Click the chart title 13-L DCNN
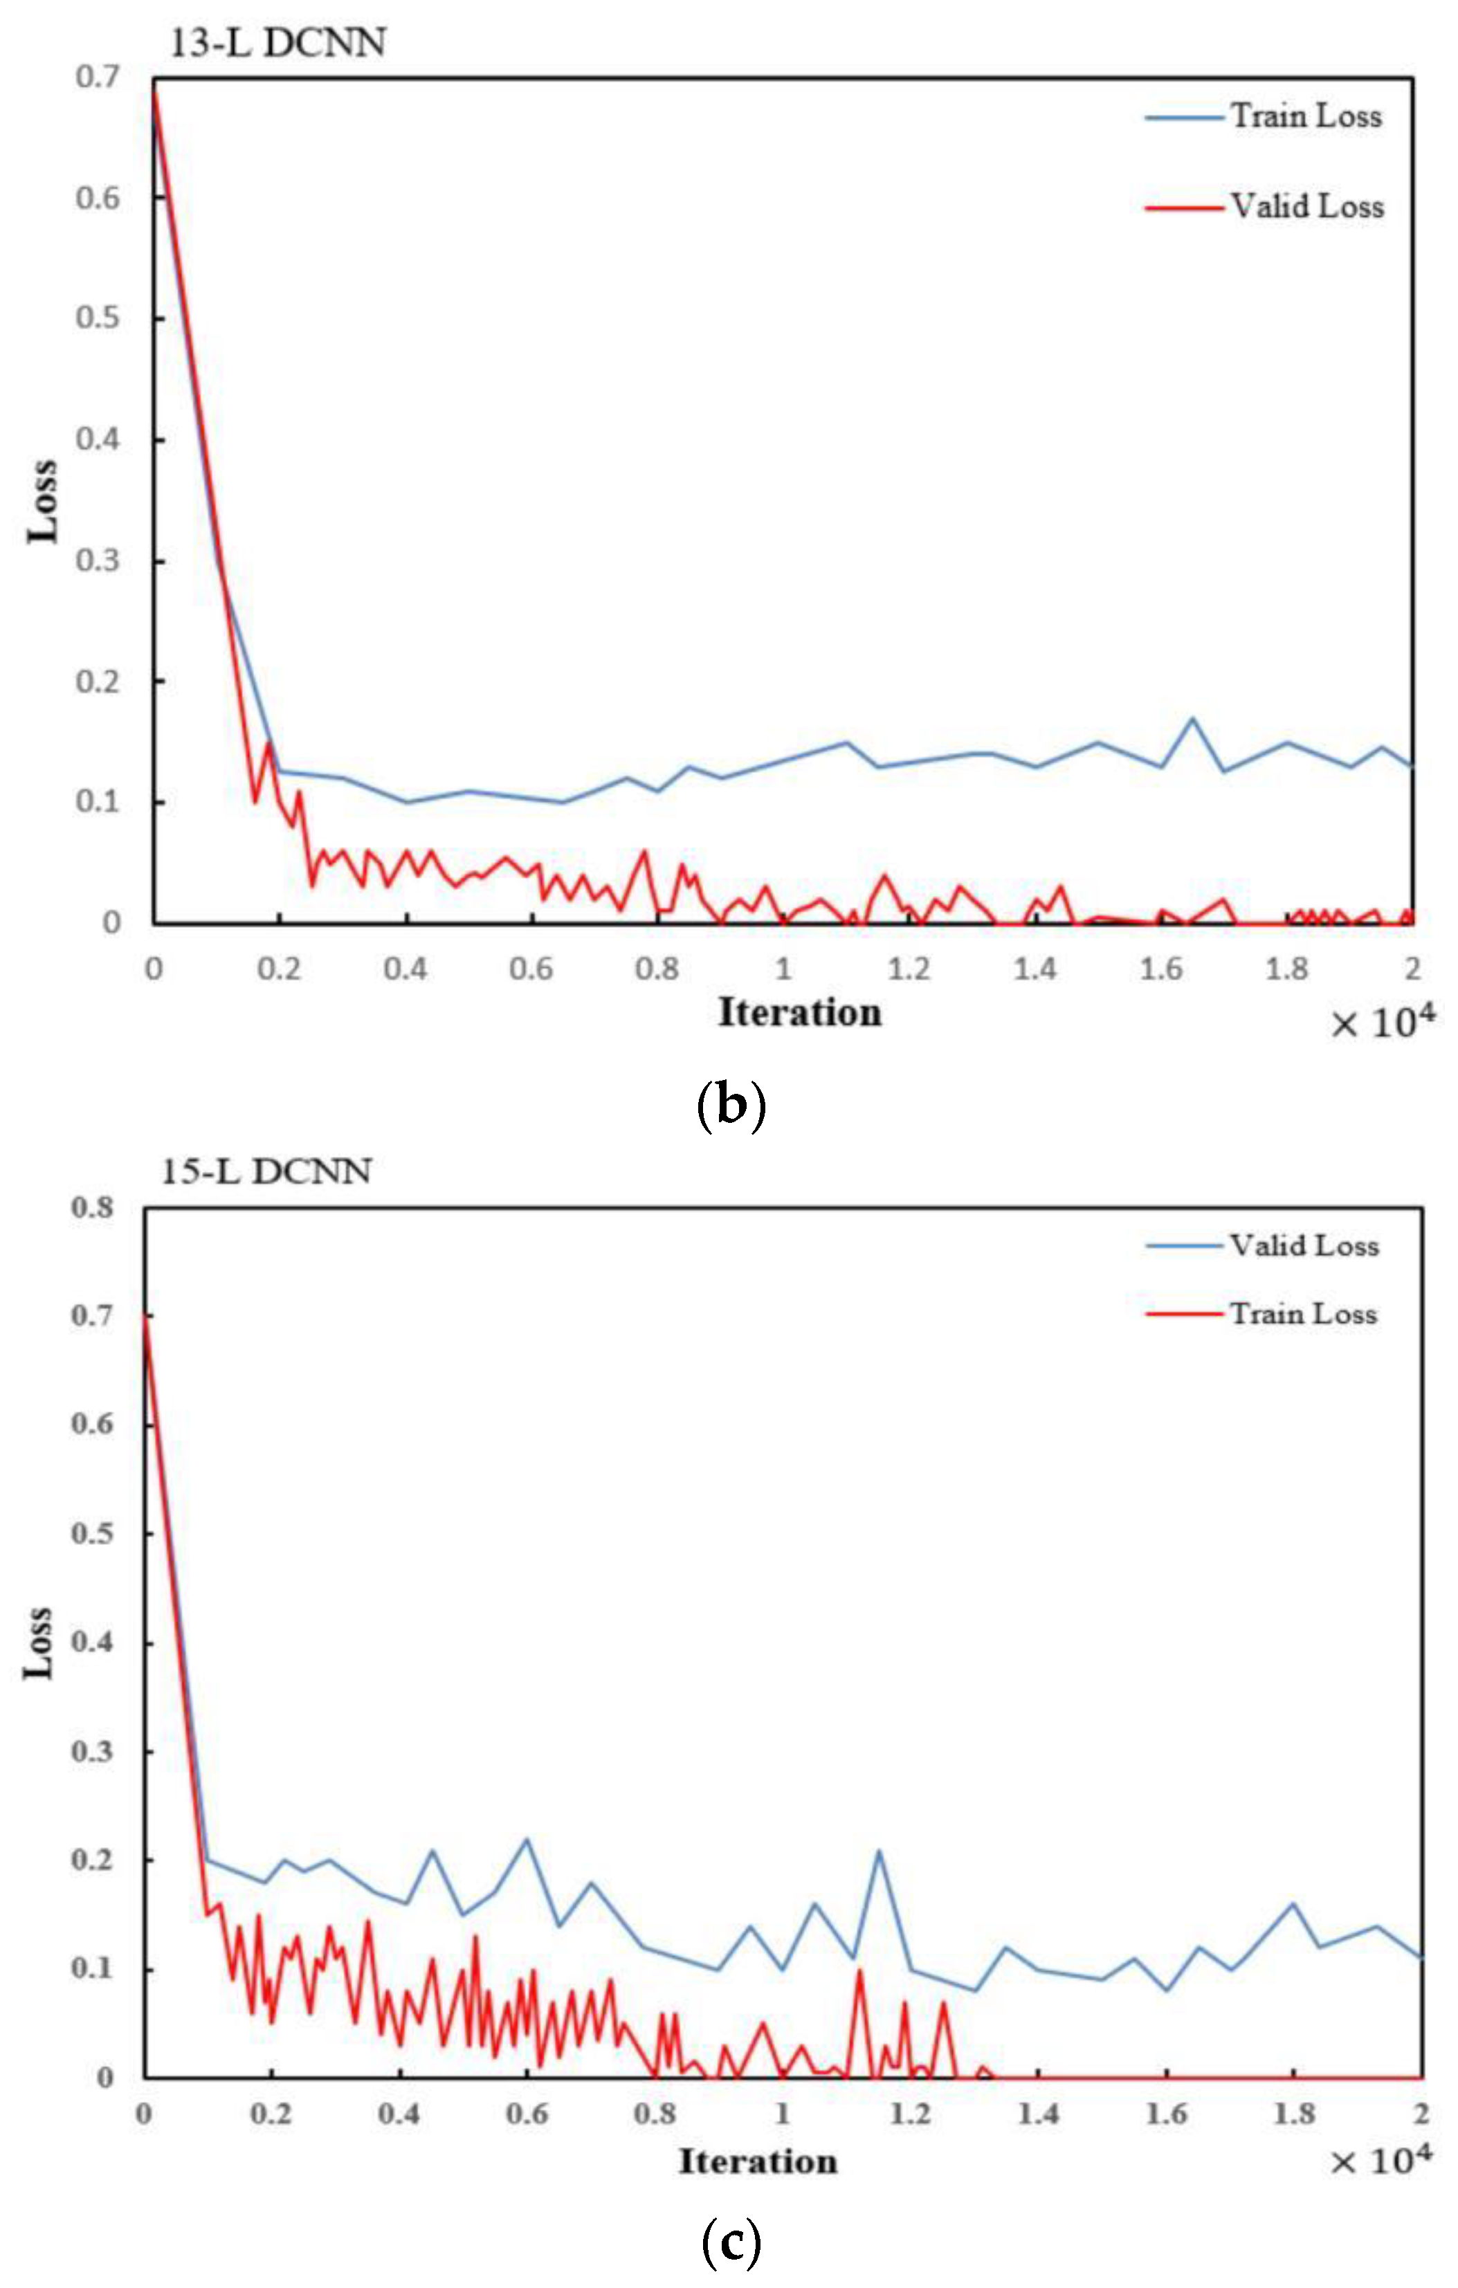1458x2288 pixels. click(277, 44)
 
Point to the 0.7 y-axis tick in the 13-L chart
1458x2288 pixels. click(98, 76)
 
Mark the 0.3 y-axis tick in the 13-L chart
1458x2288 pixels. click(98, 560)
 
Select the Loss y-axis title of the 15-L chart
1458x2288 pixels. click(38, 1642)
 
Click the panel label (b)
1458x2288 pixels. click(730, 1106)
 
